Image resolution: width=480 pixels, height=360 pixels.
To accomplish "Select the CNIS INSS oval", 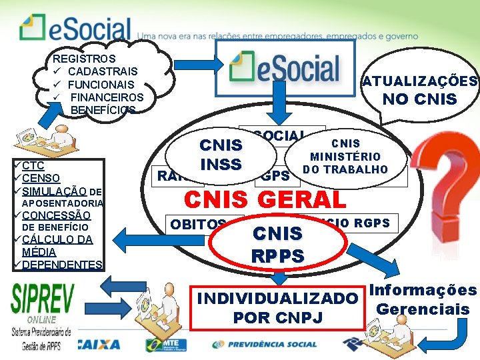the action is (x=221, y=154).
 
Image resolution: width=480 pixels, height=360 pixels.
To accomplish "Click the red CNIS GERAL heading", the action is (x=265, y=199).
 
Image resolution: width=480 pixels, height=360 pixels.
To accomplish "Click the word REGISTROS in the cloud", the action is (x=84, y=59).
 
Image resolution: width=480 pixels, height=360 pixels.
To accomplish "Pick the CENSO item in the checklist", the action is (x=41, y=178).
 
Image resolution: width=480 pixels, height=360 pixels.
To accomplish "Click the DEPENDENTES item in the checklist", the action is (x=61, y=265).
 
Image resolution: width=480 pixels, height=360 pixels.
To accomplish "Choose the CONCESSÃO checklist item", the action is (x=56, y=215).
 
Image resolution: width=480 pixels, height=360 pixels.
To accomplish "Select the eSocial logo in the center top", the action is (x=284, y=68).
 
